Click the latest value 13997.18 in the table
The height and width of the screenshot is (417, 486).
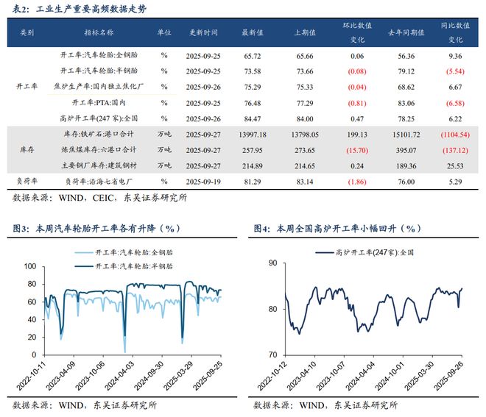[253, 134]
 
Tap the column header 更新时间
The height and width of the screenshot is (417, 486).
[203, 33]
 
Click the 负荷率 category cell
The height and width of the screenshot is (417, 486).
[27, 179]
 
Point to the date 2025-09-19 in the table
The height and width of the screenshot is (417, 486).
[203, 179]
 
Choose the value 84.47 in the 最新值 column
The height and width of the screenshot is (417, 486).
[253, 118]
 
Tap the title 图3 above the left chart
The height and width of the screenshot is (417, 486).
[96, 229]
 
